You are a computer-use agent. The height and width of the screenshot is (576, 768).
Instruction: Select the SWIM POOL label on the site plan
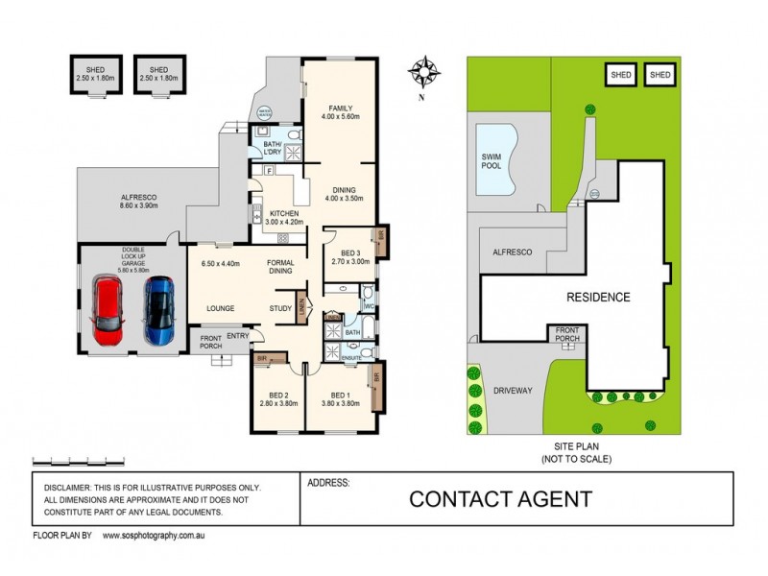pyautogui.click(x=492, y=159)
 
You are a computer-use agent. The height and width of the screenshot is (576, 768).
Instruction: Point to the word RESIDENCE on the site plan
pyautogui.click(x=597, y=298)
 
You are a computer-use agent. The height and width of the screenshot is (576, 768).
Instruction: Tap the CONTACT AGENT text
pyautogui.click(x=501, y=499)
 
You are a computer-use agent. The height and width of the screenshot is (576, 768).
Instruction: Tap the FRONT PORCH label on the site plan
pyautogui.click(x=567, y=334)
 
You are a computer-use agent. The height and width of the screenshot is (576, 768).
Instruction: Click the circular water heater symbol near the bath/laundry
pyautogui.click(x=263, y=111)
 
